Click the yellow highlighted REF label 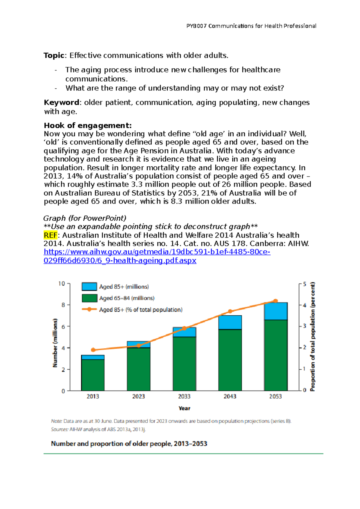tap(50, 235)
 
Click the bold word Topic tap(54, 55)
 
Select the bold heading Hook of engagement tap(88, 125)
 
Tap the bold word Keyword tap(62, 103)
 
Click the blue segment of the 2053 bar tap(276, 311)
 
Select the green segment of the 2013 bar tap(93, 375)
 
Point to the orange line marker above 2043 tap(230, 311)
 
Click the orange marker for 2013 tap(93, 350)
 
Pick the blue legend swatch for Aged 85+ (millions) tap(89, 287)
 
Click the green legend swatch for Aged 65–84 tap(89, 298)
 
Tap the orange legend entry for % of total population tap(89, 309)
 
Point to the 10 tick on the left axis tap(62, 284)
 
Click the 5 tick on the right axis tap(304, 284)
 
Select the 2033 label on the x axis tap(184, 396)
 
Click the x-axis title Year tap(184, 408)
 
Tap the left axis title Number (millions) tap(55, 343)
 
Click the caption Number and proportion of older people tap(129, 444)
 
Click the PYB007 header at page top tap(251, 26)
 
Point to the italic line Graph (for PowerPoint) tap(85, 218)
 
